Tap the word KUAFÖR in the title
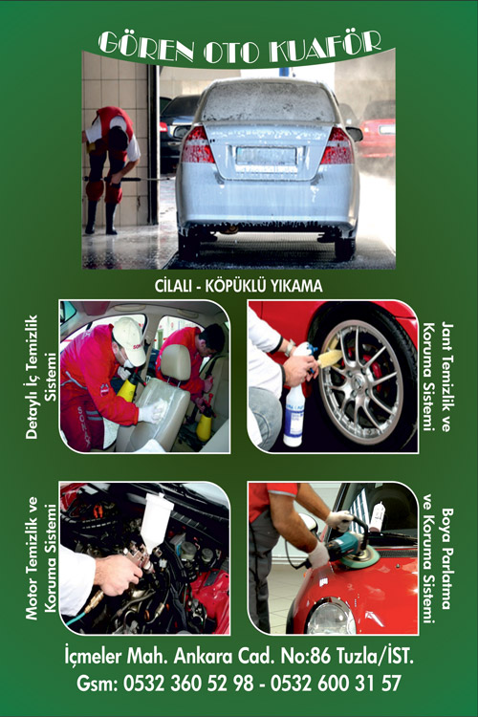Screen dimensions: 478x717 (x=324, y=46)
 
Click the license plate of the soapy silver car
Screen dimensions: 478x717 (x=266, y=157)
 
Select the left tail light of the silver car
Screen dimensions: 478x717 (x=197, y=145)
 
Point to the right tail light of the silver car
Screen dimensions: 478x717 (x=337, y=146)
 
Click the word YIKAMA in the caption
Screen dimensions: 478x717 (x=297, y=286)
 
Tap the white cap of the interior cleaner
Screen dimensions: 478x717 (x=129, y=340)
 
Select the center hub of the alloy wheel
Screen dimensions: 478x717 (x=355, y=377)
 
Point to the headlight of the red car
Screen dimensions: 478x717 (x=330, y=617)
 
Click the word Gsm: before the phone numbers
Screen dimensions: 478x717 (x=97, y=684)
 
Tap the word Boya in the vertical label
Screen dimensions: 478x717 (x=446, y=526)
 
